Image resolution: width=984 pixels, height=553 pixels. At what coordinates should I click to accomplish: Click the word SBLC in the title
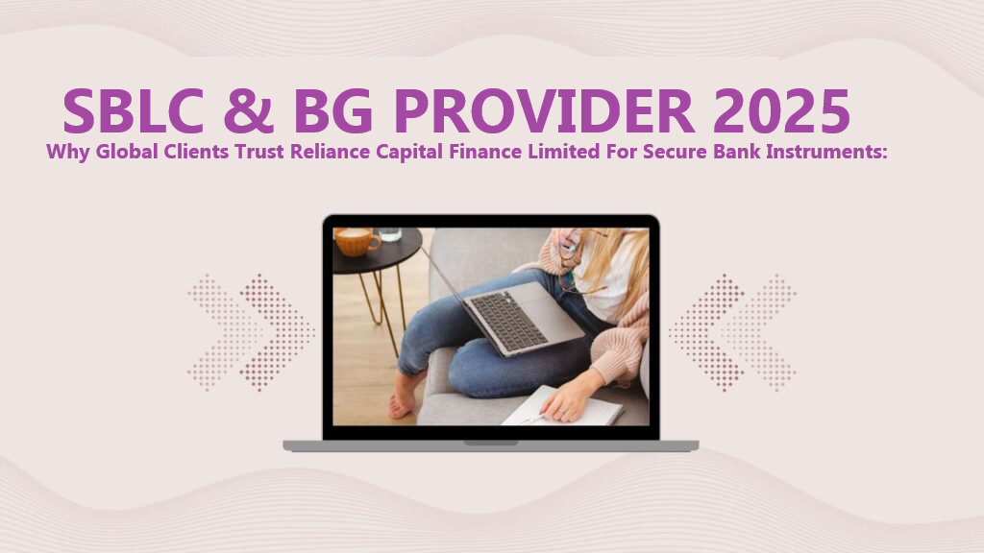pos(133,110)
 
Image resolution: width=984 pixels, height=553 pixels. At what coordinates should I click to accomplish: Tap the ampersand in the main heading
pos(249,110)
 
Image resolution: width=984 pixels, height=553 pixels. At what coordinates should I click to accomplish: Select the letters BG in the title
pos(333,110)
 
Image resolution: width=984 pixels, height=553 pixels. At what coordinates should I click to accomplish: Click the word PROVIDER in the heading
pos(544,110)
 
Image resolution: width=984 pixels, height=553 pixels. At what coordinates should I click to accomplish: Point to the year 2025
pos(781,110)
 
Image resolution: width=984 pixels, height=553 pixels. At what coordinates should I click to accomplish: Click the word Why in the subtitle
pos(68,152)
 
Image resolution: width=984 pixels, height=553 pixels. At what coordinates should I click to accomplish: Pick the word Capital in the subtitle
pos(409,153)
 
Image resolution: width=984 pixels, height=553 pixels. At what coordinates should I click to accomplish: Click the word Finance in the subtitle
pos(485,152)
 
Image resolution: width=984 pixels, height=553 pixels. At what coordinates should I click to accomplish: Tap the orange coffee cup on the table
pos(357,241)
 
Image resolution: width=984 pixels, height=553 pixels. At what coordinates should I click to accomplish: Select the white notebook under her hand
pos(562,406)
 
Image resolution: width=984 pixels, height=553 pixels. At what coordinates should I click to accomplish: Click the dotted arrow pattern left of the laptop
pos(251,332)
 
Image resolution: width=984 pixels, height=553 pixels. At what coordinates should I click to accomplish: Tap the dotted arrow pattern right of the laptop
pos(732,332)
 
